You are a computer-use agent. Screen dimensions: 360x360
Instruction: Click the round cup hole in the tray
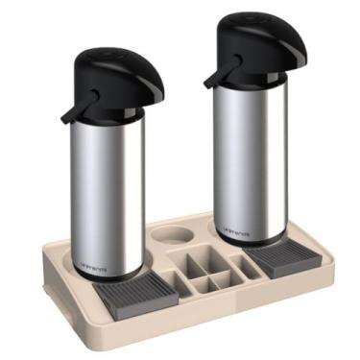point(171,234)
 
